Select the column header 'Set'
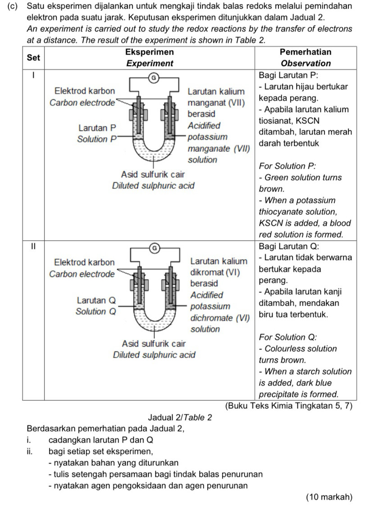pos(33,57)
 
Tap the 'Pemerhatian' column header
pos(305,52)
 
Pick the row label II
pos(33,246)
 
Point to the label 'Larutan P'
pos(97,128)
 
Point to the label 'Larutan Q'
pos(96,300)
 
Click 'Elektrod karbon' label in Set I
pos(84,91)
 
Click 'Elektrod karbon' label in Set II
pos(84,262)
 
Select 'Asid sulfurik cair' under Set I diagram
pos(154,174)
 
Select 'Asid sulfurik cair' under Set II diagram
pos(154,344)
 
